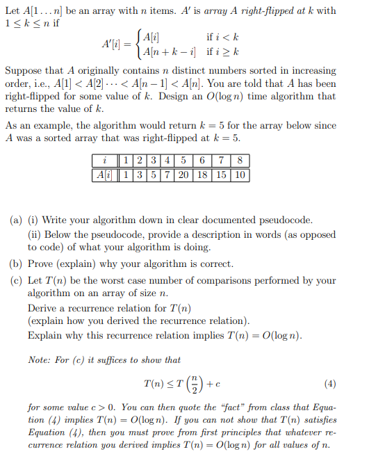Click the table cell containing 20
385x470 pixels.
pyautogui.click(x=183, y=175)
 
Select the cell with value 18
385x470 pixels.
pyautogui.click(x=203, y=175)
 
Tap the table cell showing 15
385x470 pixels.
pyautogui.click(x=222, y=175)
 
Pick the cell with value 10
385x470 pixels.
pyautogui.click(x=240, y=175)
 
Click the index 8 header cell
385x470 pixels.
pyautogui.click(x=240, y=161)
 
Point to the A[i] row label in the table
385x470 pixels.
pyautogui.click(x=105, y=175)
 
